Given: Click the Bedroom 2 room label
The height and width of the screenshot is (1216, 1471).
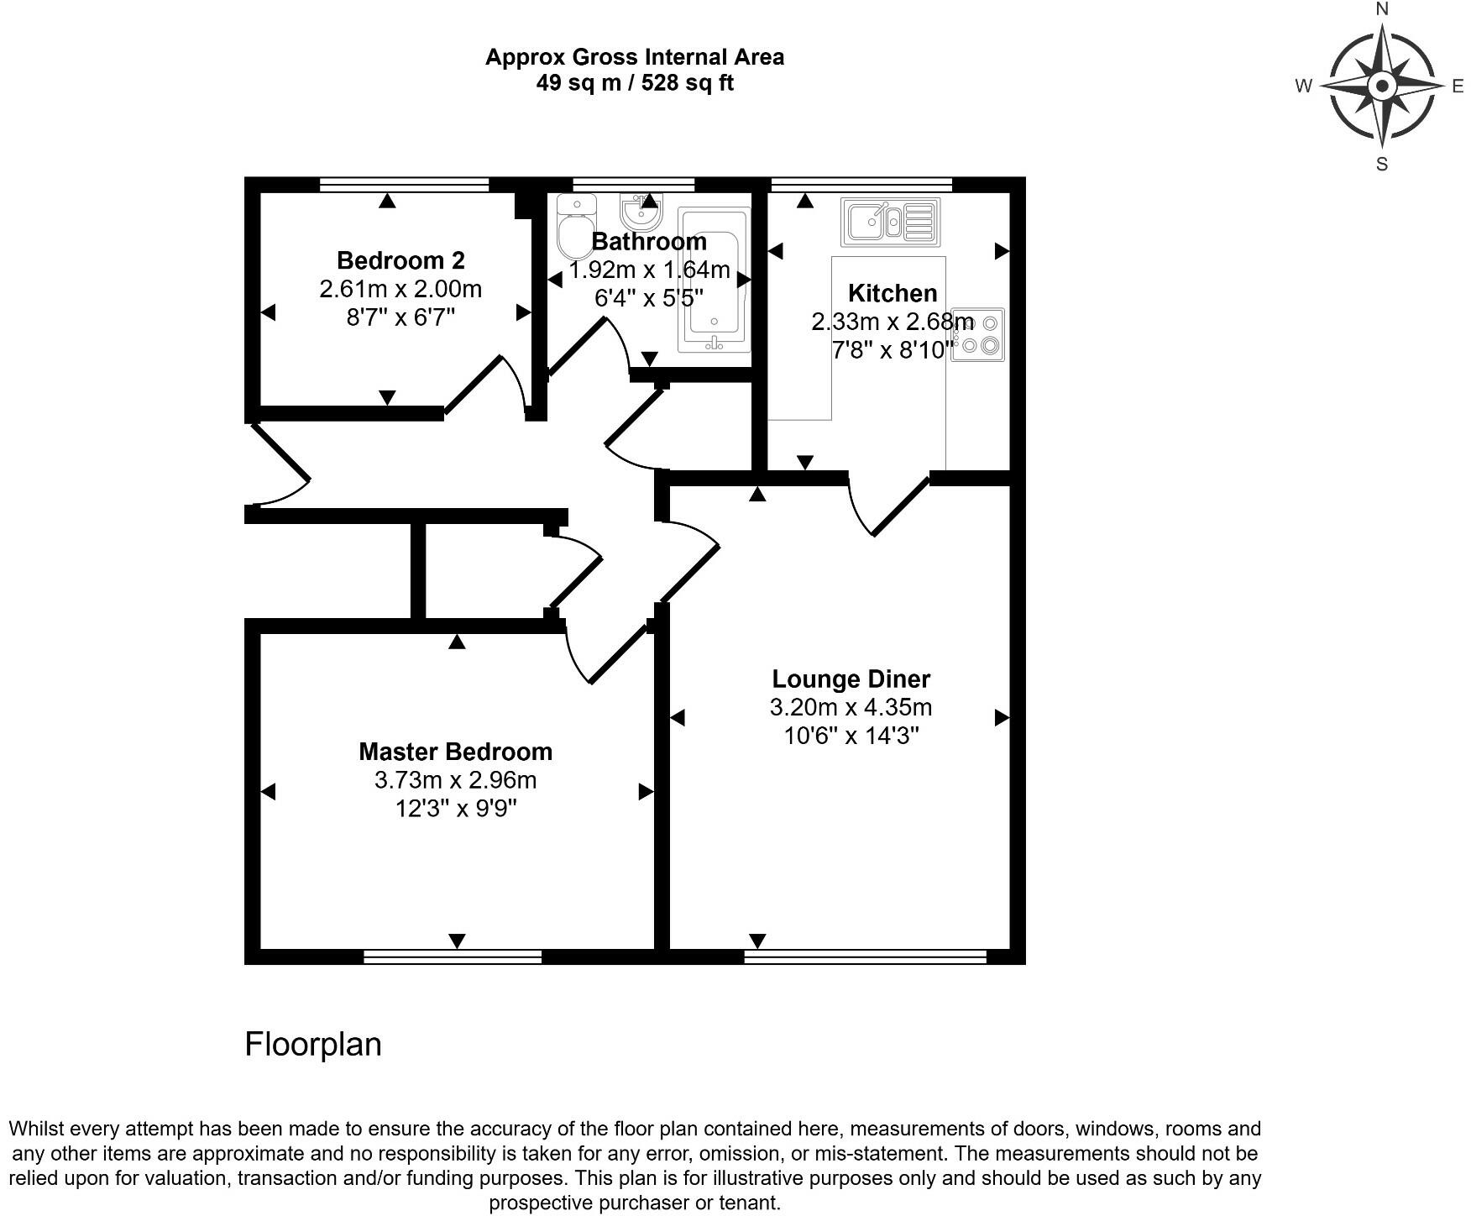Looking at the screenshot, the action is click(400, 260).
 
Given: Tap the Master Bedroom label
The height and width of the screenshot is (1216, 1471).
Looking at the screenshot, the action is click(455, 752).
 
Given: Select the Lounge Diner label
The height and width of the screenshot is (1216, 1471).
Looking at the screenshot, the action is click(851, 679).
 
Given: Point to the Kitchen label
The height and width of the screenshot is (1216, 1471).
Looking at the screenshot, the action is click(892, 293).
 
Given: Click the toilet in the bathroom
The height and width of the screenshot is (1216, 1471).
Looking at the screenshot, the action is click(575, 227).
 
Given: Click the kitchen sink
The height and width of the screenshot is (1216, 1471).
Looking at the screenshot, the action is click(890, 222).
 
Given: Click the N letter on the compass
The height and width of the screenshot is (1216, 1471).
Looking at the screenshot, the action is click(1382, 9).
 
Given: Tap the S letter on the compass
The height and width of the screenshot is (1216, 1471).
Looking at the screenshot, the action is click(1382, 165).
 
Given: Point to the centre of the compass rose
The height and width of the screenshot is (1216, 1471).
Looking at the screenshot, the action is click(1382, 86).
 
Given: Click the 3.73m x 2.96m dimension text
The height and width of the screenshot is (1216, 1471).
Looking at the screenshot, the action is click(455, 780).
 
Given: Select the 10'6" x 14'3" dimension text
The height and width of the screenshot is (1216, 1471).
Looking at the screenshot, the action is click(851, 736).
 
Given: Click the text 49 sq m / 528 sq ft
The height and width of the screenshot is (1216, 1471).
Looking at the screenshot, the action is click(635, 83).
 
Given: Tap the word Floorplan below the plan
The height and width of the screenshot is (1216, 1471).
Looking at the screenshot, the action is click(313, 1044).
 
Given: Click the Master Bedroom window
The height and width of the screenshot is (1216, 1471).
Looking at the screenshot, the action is click(453, 957).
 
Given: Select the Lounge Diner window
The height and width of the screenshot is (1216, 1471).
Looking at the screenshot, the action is click(865, 957).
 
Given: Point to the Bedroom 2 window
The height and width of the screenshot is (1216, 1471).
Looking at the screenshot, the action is click(404, 185).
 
